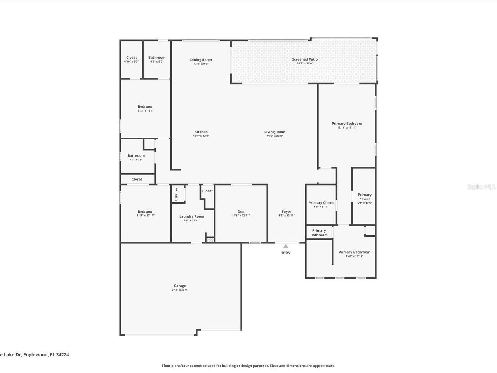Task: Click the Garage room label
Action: [180, 286]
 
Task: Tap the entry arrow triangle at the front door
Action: [286, 246]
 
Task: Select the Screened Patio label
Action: [305, 59]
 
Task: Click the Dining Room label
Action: [201, 60]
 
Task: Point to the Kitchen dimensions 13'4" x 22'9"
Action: [201, 136]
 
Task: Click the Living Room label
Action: [275, 132]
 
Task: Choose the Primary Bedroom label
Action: [347, 124]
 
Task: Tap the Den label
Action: [241, 212]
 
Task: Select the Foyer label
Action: [287, 212]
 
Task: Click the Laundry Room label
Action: [192, 216]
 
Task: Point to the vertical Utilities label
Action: [176, 194]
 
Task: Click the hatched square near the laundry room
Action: [210, 240]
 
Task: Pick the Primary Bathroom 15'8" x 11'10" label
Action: [355, 252]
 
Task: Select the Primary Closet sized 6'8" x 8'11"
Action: [321, 203]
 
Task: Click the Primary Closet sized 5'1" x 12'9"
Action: [365, 197]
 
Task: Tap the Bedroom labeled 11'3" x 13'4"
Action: [146, 106]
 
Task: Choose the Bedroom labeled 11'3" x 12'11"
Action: [146, 212]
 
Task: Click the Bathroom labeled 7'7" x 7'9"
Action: [136, 156]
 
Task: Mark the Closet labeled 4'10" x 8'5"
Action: [131, 58]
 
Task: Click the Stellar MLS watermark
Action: [481, 187]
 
